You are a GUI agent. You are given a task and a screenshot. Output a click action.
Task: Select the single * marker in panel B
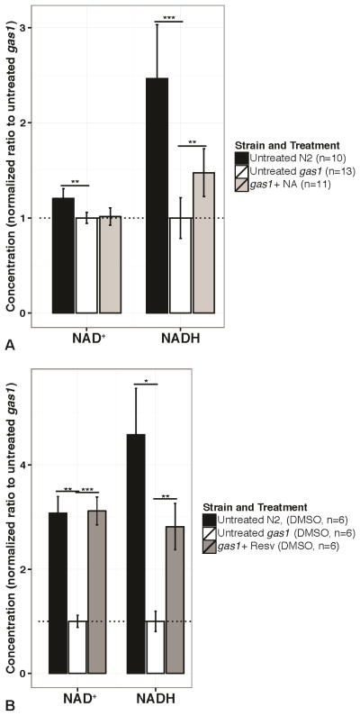click(146, 379)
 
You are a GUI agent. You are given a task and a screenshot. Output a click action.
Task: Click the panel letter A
click(8, 342)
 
